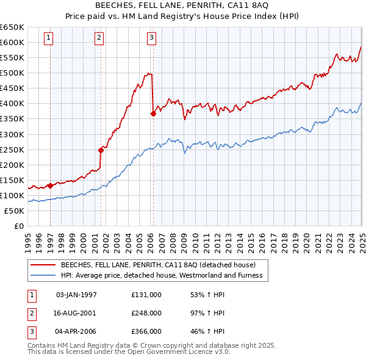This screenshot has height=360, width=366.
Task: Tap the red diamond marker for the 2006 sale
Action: pyautogui.click(x=153, y=113)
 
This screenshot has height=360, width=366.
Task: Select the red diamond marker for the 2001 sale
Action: pyautogui.click(x=101, y=149)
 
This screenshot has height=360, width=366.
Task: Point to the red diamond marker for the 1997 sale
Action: pyautogui.click(x=49, y=185)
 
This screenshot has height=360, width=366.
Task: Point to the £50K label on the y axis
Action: pyautogui.click(x=15, y=211)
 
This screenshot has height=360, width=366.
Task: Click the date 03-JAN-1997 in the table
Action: pyautogui.click(x=76, y=294)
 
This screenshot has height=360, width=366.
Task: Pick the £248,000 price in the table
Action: pyautogui.click(x=146, y=312)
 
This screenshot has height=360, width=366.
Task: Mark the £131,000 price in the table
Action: pyautogui.click(x=146, y=294)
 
